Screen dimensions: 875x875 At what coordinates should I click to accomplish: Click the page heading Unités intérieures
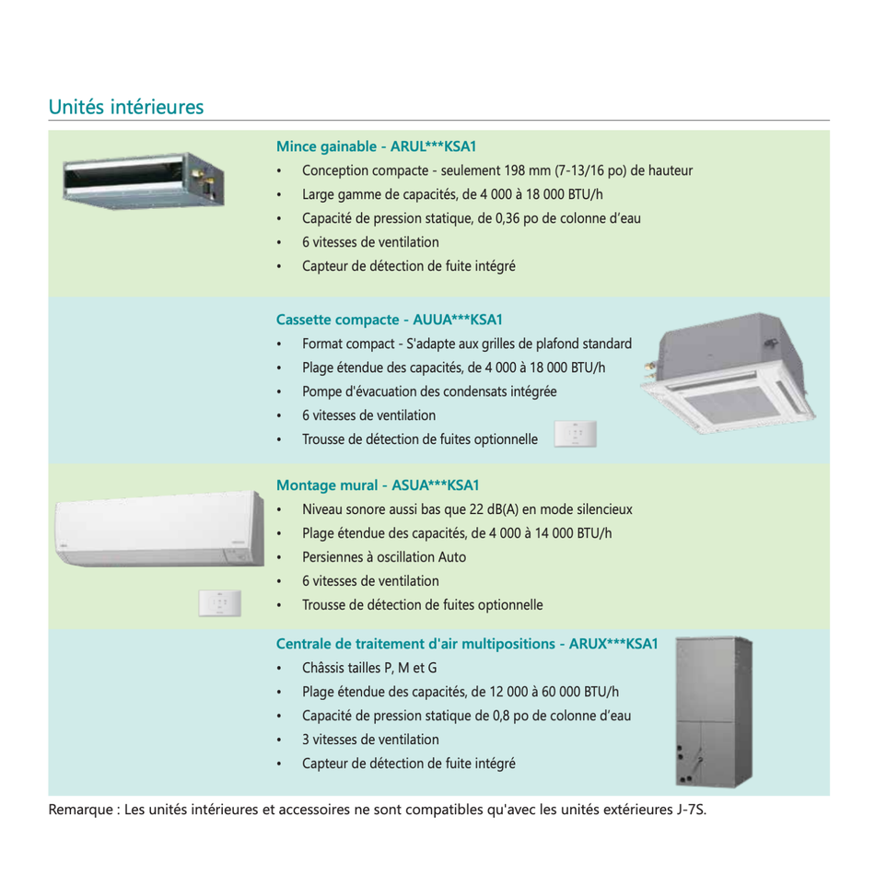click(x=125, y=107)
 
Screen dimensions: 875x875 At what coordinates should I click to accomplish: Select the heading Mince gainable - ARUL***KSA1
click(x=376, y=146)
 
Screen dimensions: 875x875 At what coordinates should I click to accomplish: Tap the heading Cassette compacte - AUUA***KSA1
click(x=389, y=320)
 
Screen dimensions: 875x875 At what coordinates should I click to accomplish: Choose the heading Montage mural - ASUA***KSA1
click(x=378, y=485)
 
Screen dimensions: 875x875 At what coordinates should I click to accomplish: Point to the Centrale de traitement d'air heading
click(x=467, y=644)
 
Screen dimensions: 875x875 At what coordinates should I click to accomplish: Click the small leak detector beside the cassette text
click(x=576, y=434)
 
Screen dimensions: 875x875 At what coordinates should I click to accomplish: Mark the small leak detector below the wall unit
click(x=219, y=603)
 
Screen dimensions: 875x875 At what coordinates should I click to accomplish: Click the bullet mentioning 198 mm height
click(x=496, y=170)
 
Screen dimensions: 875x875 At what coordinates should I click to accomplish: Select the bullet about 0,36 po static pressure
click(x=471, y=218)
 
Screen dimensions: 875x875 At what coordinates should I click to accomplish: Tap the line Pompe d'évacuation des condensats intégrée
click(x=428, y=391)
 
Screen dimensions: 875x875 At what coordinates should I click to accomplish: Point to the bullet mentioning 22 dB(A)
click(x=466, y=509)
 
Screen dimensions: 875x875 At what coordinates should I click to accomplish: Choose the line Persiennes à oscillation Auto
click(x=383, y=557)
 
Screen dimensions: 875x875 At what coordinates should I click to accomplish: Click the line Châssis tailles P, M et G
click(x=368, y=668)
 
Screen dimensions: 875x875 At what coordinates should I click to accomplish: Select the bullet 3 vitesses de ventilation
click(x=370, y=740)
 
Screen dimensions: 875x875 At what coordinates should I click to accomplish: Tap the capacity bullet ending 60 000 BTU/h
click(x=460, y=692)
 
